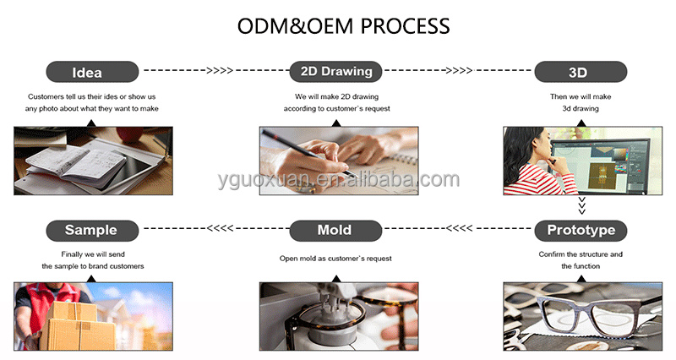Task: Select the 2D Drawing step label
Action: point(337,71)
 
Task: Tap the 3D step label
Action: point(581,72)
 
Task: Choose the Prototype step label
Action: point(581,229)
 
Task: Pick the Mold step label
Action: point(335,229)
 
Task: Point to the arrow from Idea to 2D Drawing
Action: point(215,71)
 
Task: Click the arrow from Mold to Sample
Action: point(215,228)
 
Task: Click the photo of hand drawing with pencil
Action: point(338,161)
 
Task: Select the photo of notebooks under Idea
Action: point(93,161)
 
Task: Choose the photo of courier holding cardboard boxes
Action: point(93,316)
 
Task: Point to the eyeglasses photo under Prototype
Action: point(582,316)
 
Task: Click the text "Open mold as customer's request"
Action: point(336,259)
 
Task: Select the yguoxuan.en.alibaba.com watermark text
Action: point(337,179)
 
